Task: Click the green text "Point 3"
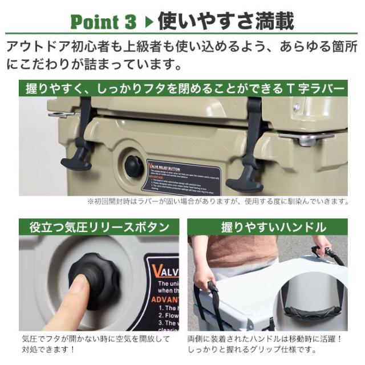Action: point(103,22)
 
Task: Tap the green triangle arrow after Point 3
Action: point(148,22)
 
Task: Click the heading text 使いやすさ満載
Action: point(225,21)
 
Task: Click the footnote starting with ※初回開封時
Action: point(217,201)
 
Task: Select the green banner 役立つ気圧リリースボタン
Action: point(99,227)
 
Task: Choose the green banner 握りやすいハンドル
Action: point(274,227)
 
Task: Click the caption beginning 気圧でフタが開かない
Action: point(95,343)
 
